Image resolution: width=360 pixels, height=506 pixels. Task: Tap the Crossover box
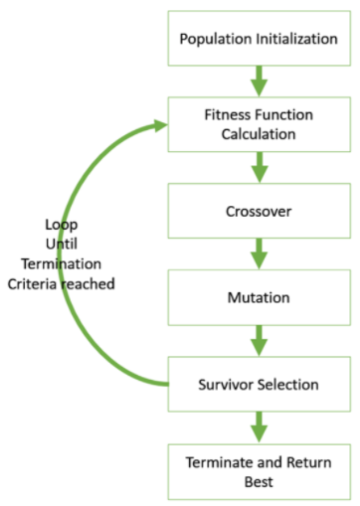click(x=258, y=210)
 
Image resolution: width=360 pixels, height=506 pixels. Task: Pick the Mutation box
click(x=258, y=296)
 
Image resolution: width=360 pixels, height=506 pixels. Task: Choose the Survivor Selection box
click(x=258, y=383)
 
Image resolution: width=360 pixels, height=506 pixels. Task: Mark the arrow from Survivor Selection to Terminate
click(x=259, y=426)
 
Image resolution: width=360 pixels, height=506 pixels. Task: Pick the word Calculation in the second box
click(x=259, y=133)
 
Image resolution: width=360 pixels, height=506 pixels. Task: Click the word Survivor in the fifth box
click(x=226, y=383)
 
